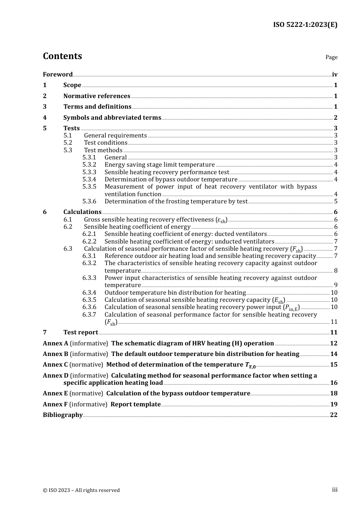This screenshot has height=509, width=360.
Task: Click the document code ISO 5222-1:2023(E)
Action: point(305,25)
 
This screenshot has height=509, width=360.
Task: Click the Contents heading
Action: point(62,56)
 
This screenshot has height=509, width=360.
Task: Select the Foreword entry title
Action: point(58,75)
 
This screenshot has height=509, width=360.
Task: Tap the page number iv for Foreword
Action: point(335,75)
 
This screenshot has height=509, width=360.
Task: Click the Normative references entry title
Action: point(97,96)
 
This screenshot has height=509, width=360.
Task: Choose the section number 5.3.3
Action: point(89,172)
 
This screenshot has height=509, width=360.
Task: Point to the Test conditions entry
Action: point(106,143)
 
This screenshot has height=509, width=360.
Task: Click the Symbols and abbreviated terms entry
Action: point(112,118)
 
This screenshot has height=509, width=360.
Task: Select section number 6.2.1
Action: point(89,234)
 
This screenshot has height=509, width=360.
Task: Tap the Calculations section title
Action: point(82,212)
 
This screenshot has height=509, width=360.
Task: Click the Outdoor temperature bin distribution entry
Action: point(175,292)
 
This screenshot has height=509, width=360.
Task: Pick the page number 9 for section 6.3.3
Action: point(335,285)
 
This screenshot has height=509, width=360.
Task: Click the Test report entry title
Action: point(81,333)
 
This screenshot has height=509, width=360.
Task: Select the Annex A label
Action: point(55,343)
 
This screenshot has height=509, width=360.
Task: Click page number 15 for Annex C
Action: point(333,365)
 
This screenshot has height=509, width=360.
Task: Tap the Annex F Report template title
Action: point(135,404)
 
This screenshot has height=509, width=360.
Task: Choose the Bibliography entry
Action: point(63,415)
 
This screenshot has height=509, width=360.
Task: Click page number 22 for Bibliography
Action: point(333,415)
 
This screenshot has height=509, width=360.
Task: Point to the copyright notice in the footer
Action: point(81,490)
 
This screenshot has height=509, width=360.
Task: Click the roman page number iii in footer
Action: point(335,490)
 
